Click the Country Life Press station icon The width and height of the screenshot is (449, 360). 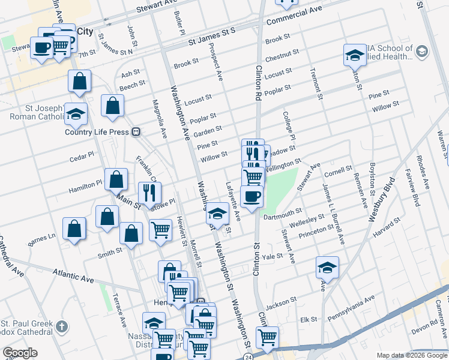136,131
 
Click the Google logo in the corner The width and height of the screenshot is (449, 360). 20,353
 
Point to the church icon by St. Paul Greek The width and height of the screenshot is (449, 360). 62,327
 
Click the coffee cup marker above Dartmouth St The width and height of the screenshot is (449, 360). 252,196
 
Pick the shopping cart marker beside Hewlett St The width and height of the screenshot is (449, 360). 160,230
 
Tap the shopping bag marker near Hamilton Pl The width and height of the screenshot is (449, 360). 116,179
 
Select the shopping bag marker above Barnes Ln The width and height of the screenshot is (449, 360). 74,229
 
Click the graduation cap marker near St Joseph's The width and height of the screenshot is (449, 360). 76,113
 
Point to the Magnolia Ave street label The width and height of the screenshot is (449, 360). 160,119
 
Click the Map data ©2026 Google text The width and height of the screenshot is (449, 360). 411,355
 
